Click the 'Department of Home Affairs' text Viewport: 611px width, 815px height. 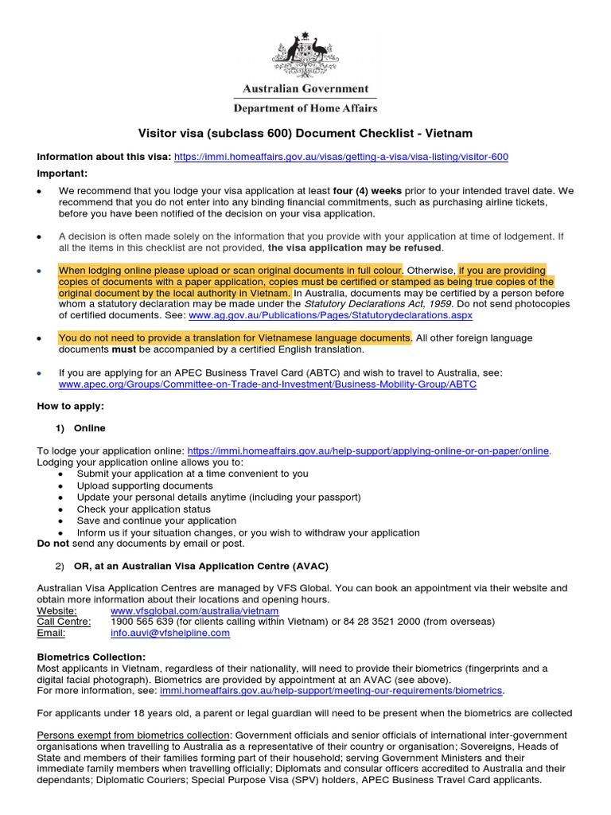pyautogui.click(x=305, y=108)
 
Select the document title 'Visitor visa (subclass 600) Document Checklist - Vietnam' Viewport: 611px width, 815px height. pyautogui.click(x=305, y=134)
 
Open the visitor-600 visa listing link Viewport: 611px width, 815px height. pyautogui.click(x=341, y=157)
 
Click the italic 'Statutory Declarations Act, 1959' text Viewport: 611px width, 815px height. pyautogui.click(x=372, y=303)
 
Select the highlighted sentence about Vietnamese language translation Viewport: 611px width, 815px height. pyautogui.click(x=235, y=337)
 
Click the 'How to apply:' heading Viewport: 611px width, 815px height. pyautogui.click(x=71, y=406)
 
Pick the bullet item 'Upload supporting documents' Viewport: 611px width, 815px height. pyautogui.click(x=145, y=485)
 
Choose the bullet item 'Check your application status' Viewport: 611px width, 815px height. pyautogui.click(x=144, y=509)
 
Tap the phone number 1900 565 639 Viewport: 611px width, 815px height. pyautogui.click(x=141, y=622)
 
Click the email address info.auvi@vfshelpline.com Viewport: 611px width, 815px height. pyautogui.click(x=170, y=634)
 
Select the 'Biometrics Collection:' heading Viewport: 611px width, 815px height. pyautogui.click(x=91, y=657)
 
